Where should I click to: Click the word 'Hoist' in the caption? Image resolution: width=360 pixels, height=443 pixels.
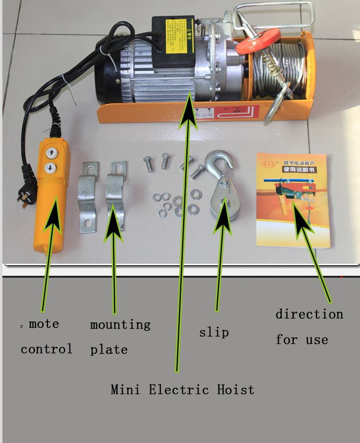point(235,389)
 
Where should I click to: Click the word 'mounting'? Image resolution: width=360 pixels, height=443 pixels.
point(120,325)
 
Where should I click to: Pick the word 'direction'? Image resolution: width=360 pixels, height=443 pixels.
point(309,315)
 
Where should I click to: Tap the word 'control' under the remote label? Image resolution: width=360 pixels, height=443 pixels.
point(47,349)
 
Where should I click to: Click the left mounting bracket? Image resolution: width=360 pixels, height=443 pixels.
point(88,197)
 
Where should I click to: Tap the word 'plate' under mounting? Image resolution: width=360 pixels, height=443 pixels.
point(109,350)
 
